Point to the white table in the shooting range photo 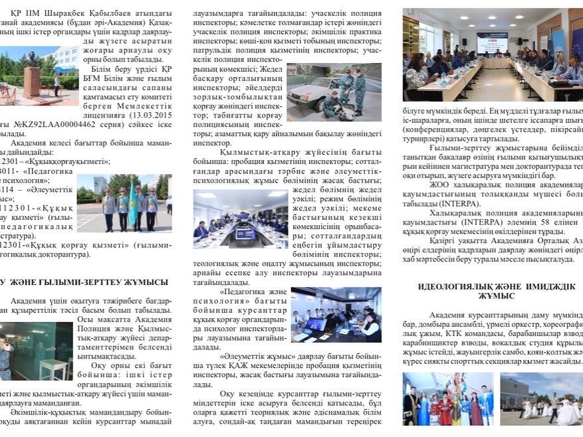[52, 369]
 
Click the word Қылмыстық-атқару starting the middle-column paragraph [253, 151]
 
